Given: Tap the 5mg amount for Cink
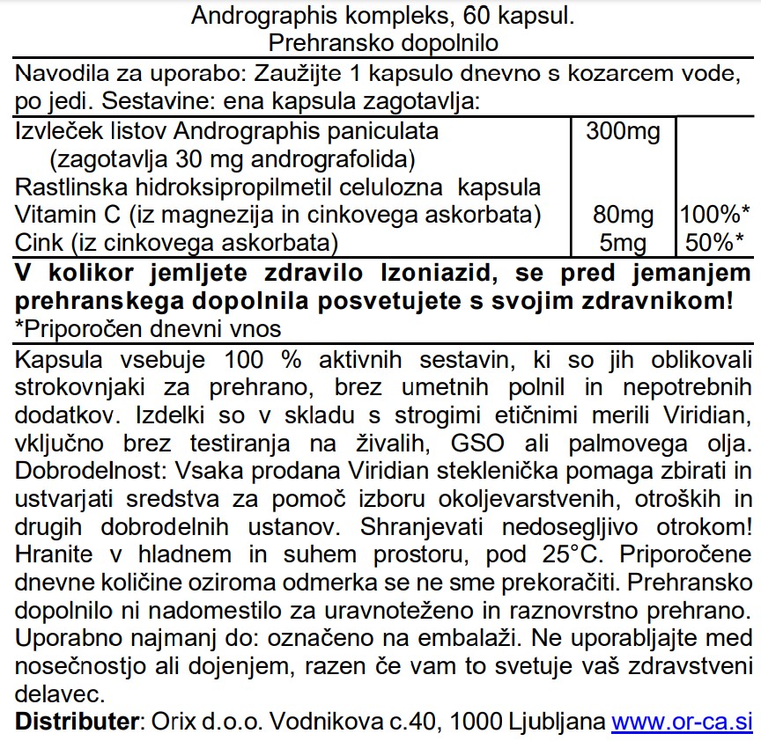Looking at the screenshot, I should (624, 243).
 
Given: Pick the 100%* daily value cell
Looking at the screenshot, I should (715, 216).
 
